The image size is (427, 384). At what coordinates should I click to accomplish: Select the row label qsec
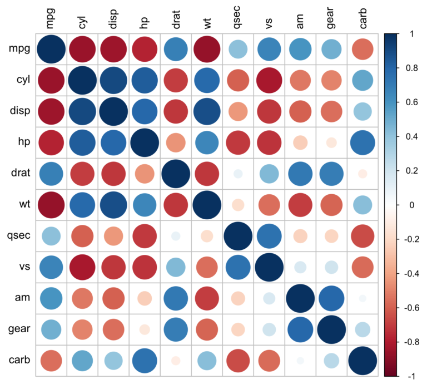coord(19,236)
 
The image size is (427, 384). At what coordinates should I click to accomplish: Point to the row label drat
coord(21,174)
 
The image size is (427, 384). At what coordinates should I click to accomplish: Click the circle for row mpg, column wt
coord(207,49)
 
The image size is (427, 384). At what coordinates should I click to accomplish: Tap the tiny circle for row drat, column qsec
coord(238,174)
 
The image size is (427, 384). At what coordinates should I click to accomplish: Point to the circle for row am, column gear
coord(331,298)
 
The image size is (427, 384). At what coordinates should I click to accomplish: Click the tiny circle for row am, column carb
coord(362,298)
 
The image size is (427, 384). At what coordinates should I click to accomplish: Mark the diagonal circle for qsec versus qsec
coord(238,236)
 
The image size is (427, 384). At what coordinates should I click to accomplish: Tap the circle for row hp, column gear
coord(331,142)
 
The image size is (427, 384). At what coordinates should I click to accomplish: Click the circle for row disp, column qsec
coord(238,111)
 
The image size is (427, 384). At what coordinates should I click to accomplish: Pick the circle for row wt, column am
coord(300,205)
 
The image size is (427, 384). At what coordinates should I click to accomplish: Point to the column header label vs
coord(269,22)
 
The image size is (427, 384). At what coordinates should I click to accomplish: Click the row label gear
coord(19,329)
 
